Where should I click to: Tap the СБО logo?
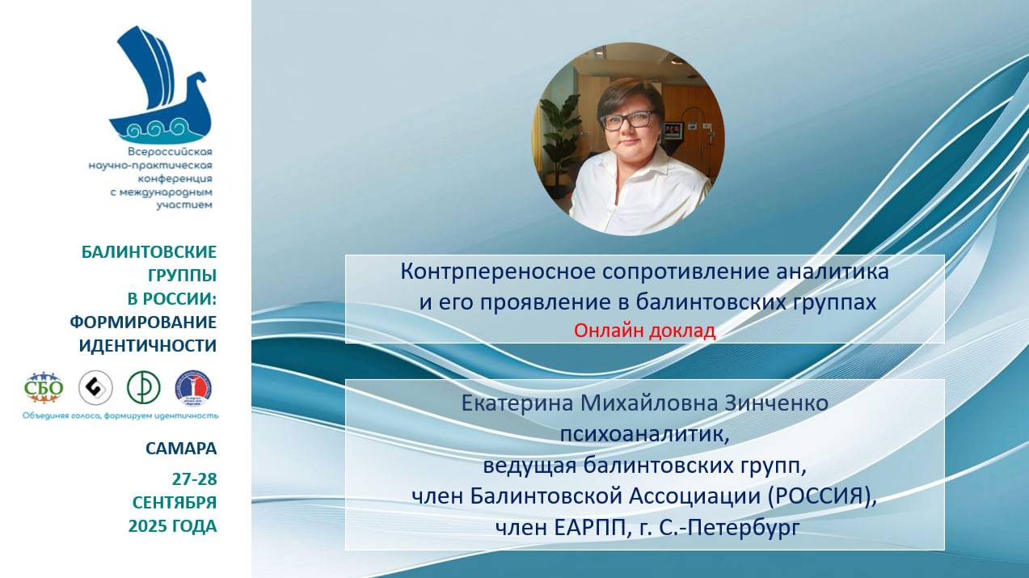tap(44, 388)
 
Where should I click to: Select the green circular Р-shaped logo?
tap(143, 388)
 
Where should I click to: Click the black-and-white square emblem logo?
tap(95, 388)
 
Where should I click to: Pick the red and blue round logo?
tap(194, 388)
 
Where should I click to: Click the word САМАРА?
tap(181, 448)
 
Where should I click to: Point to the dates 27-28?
tap(194, 478)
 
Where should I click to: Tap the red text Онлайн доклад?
tap(644, 331)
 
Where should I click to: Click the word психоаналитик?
tap(644, 434)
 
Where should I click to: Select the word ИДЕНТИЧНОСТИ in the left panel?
tap(148, 346)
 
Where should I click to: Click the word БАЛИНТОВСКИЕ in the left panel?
tap(149, 251)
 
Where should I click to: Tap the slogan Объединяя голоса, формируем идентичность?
tap(120, 416)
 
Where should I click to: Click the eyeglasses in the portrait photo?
tap(627, 119)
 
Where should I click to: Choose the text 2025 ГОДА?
tap(172, 526)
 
